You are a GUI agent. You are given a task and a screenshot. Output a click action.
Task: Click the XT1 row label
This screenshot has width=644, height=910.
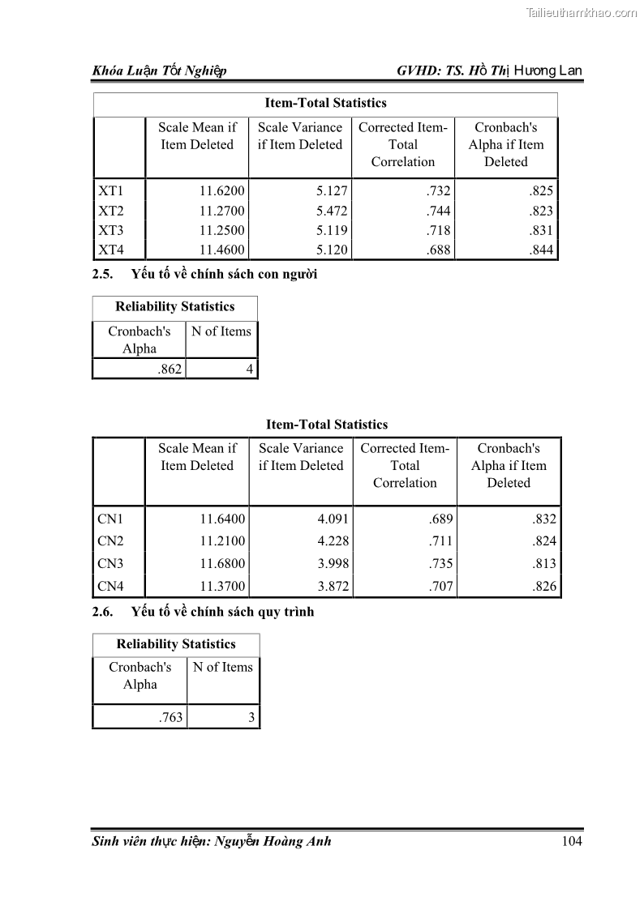(x=110, y=191)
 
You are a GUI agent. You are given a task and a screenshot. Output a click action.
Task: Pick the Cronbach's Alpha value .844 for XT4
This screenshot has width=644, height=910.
(x=541, y=250)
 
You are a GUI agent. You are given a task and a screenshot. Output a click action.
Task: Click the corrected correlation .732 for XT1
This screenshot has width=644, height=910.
(x=438, y=191)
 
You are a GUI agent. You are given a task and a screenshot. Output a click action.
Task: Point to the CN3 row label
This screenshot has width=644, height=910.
(x=110, y=564)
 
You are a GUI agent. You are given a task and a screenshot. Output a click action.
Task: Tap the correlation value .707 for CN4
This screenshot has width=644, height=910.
(x=440, y=587)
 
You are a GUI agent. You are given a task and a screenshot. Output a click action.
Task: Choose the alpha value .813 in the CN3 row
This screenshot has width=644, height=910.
(x=544, y=564)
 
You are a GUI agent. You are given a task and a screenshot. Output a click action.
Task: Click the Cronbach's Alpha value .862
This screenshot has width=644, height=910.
(x=170, y=370)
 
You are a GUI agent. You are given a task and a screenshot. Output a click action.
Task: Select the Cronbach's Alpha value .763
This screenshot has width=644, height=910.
(x=171, y=718)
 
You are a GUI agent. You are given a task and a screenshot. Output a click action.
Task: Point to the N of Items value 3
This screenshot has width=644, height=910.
(x=251, y=718)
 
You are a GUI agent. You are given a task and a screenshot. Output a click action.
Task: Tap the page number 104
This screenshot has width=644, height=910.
(x=572, y=841)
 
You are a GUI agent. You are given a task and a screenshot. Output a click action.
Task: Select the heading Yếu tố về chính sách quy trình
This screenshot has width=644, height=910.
(x=222, y=612)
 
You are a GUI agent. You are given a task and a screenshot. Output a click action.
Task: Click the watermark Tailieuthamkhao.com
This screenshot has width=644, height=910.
(x=582, y=12)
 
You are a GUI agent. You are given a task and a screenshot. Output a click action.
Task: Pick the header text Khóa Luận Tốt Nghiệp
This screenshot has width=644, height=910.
(x=159, y=71)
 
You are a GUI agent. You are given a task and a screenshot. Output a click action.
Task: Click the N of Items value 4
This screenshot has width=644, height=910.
(x=250, y=370)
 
